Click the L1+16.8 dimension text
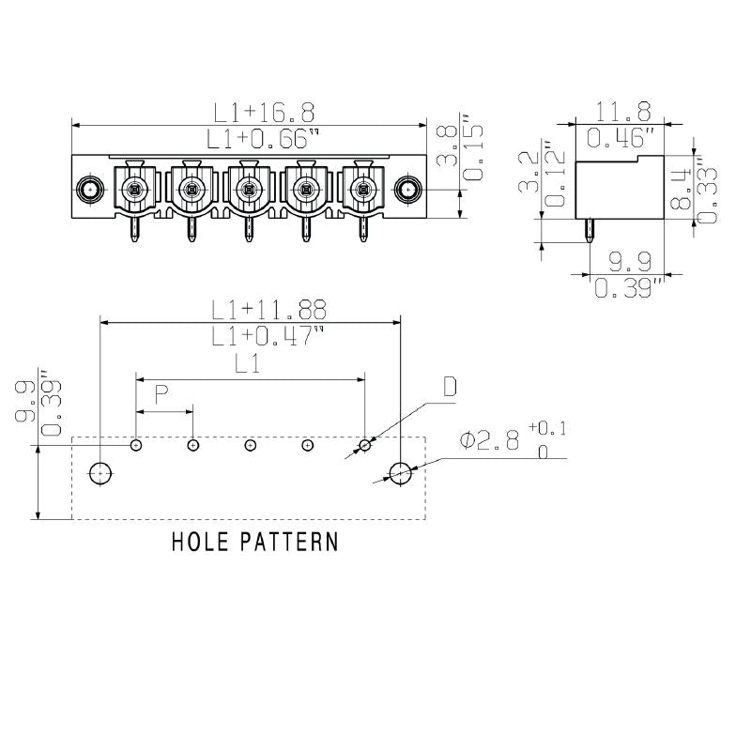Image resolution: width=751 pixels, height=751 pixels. pos(263,113)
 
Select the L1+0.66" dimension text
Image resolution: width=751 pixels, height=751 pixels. pos(263,139)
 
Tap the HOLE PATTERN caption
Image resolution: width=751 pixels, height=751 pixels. pos(254,542)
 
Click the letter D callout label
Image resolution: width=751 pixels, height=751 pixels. pos(450,388)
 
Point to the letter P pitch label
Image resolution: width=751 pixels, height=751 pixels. pos(161,395)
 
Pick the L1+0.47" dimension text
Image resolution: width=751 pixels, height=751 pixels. pos(268,336)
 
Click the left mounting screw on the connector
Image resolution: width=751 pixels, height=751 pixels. pos(90,190)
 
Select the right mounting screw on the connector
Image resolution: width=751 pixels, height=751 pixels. pos(407,190)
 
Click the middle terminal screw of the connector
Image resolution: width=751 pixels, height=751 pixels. pos(249,192)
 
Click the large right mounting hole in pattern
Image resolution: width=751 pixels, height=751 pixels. pos(401,472)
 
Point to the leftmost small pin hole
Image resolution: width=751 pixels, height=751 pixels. pos(136,445)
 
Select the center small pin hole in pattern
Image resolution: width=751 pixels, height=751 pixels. pos(250,445)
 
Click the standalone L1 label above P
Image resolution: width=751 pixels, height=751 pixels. pos(246,366)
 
